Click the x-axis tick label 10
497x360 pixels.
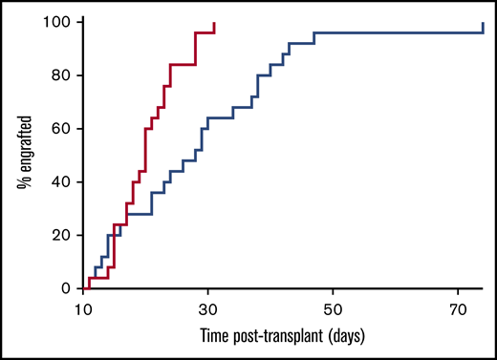click(83, 311)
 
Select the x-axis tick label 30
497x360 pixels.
click(207, 311)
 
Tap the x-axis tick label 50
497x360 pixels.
click(333, 311)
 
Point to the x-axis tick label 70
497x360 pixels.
click(457, 311)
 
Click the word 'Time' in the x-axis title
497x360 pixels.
click(216, 337)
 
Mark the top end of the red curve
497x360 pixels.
click(214, 23)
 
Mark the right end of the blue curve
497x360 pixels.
click(483, 23)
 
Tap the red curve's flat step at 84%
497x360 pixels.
click(183, 65)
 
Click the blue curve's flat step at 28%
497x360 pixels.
click(139, 214)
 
